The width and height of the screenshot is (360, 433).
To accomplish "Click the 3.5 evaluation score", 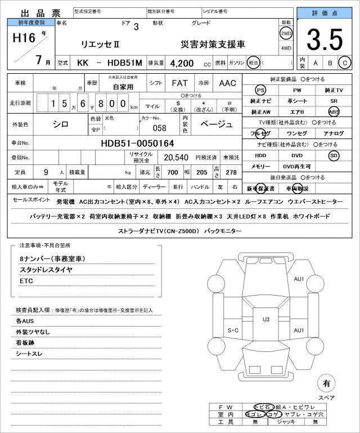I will (x=326, y=40).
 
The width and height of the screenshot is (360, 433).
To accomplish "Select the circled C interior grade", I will (x=345, y=63).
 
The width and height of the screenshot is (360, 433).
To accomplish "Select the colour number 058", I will (x=160, y=127).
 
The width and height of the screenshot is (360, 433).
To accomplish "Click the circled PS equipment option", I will (x=260, y=90).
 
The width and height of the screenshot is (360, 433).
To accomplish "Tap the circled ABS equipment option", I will (x=334, y=111).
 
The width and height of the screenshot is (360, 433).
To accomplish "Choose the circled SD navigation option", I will (x=334, y=155).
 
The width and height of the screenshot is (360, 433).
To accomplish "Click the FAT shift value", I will (x=179, y=83).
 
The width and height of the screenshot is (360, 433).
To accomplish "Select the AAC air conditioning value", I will (x=228, y=83).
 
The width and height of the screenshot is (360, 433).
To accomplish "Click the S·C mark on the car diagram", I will (x=233, y=330).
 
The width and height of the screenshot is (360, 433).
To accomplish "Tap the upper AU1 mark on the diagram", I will (x=299, y=279).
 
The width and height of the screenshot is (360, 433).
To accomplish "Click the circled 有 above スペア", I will (x=326, y=383).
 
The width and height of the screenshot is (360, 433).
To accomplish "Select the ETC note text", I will (x=26, y=280).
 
